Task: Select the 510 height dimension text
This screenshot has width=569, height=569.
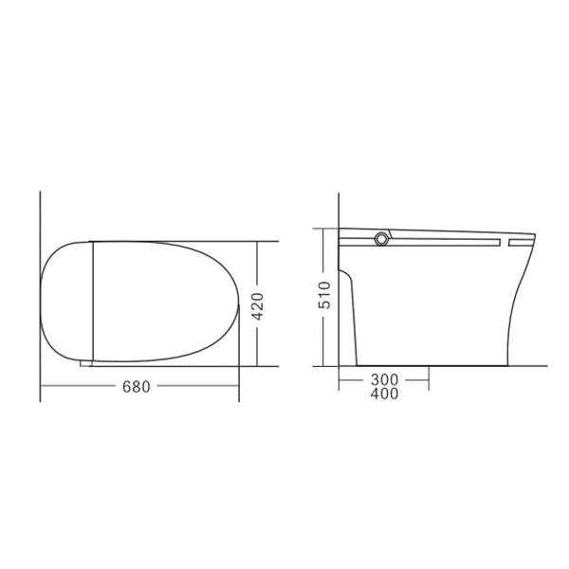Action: pos(324,296)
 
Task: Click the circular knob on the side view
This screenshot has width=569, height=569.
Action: pos(383,239)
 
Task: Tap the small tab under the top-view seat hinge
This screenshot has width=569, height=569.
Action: pos(86,362)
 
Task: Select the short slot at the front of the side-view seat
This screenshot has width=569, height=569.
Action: pos(521,242)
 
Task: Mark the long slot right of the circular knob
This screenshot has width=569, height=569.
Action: pos(446,242)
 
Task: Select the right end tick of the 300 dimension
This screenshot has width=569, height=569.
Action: pos(430,380)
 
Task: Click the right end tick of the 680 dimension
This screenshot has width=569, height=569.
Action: pos(239,387)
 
